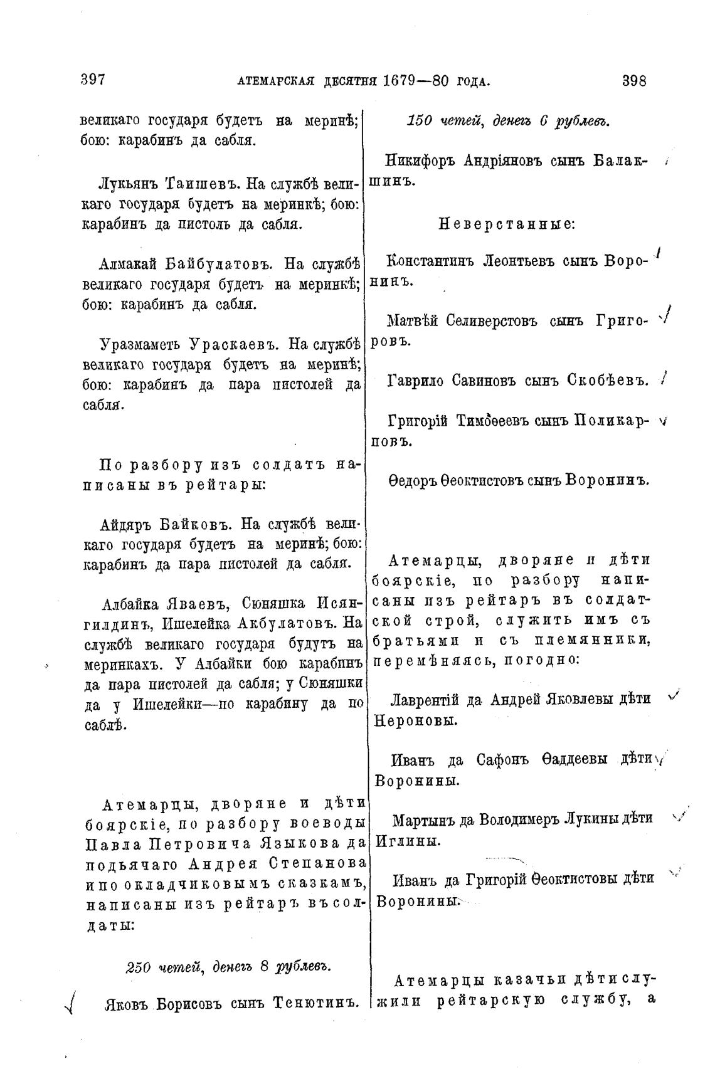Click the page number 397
click(92, 80)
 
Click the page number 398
click(634, 81)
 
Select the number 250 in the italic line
click(138, 966)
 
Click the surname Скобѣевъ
click(608, 380)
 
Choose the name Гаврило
click(415, 380)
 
